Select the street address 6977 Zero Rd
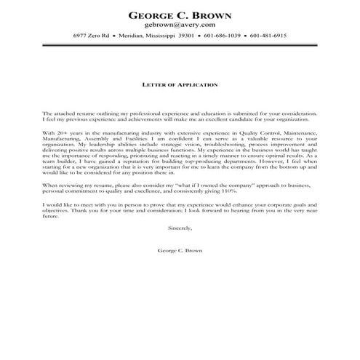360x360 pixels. [x=91, y=36]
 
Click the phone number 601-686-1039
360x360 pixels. [x=223, y=36]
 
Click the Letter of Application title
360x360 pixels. [x=180, y=84]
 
